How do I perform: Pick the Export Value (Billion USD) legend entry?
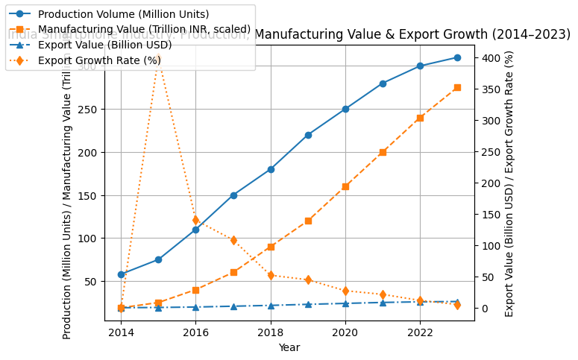[104, 45]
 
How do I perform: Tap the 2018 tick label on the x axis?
[271, 333]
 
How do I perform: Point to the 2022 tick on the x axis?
[420, 333]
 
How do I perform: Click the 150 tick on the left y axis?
[89, 195]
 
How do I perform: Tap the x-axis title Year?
[289, 347]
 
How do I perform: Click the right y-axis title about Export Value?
[509, 183]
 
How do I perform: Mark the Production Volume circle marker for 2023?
[457, 57]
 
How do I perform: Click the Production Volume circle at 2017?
[233, 195]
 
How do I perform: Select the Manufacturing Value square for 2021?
[383, 152]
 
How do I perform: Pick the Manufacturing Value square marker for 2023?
[457, 87]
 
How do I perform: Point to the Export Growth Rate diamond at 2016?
[195, 220]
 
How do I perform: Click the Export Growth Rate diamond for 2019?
[308, 280]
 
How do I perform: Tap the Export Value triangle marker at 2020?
[345, 303]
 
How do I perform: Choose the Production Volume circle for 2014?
[121, 274]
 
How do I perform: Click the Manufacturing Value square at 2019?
[308, 221]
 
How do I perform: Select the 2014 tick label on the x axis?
[121, 333]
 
